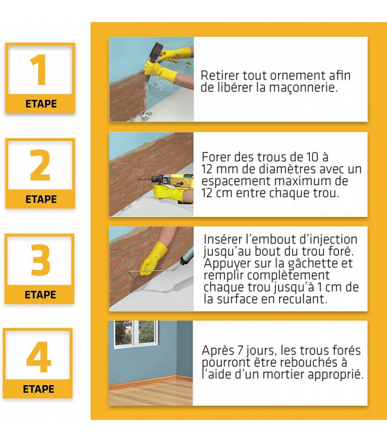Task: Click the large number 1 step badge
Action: [x=40, y=78]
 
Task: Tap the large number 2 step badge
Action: [x=40, y=173]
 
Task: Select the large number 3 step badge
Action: [x=39, y=269]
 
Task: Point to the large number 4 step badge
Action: [x=38, y=363]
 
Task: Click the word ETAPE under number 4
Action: [x=38, y=389]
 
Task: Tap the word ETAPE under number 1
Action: [x=41, y=104]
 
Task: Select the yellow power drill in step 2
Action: [x=172, y=183]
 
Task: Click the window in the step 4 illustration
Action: [x=135, y=333]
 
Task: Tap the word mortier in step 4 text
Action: [x=284, y=375]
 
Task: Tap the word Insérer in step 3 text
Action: [x=223, y=239]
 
